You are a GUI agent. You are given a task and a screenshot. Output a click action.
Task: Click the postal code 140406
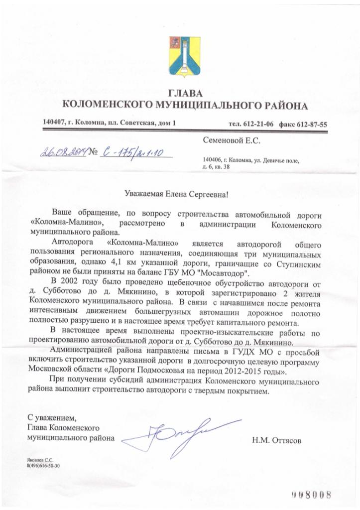[212, 159]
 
